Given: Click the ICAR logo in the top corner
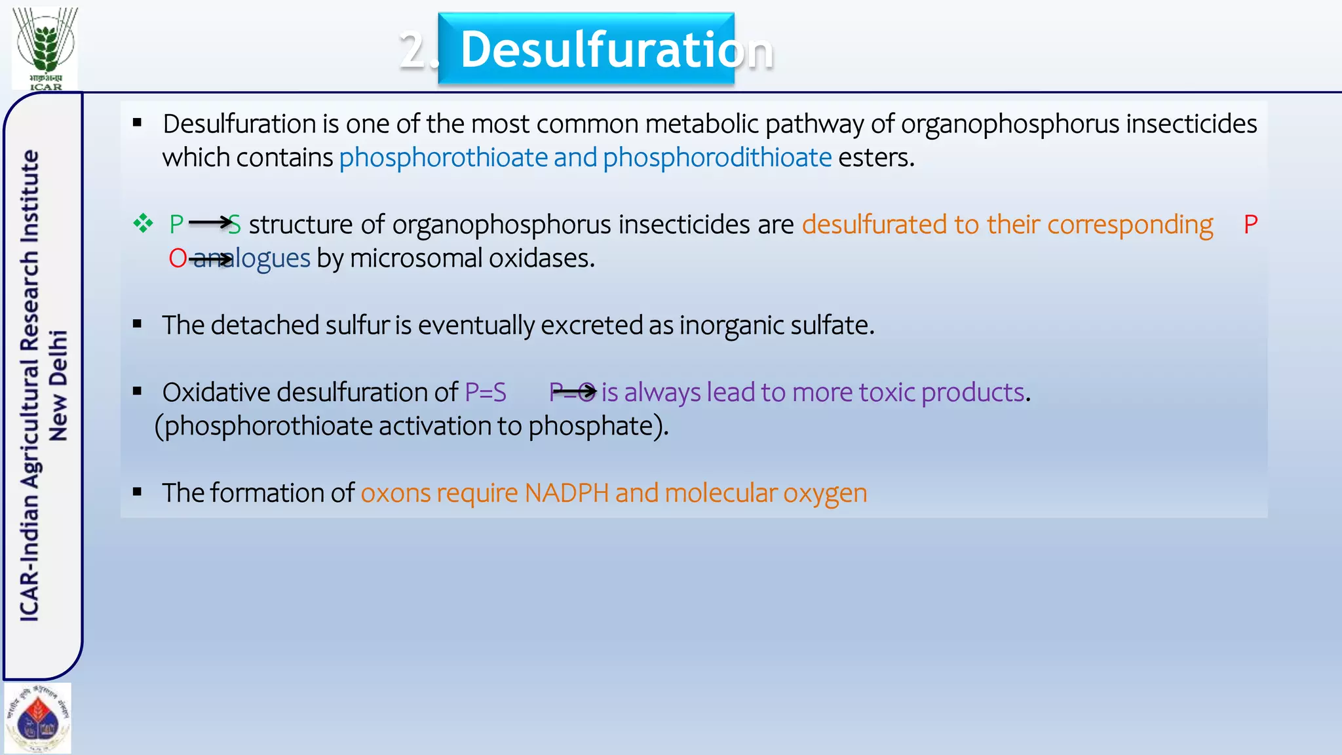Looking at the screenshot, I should pos(45,48).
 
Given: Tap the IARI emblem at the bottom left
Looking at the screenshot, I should pos(38,718).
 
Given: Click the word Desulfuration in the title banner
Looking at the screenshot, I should pos(616,50).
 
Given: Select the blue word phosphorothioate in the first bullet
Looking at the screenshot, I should pos(443,158).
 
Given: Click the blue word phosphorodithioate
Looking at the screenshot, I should pos(717,158).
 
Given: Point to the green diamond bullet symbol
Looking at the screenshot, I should pos(143,224).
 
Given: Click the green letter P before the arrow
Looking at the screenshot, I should pos(176,225).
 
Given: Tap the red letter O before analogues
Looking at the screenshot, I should pos(178,259).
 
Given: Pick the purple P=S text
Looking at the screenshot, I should pos(486,393).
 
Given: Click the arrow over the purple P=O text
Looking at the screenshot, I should pos(574,392).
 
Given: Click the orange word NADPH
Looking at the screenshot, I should pos(567,494).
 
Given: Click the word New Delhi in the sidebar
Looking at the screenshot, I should pos(58,385).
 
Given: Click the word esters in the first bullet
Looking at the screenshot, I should pos(875,158).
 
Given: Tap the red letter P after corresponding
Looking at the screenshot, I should pos(1250,225).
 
